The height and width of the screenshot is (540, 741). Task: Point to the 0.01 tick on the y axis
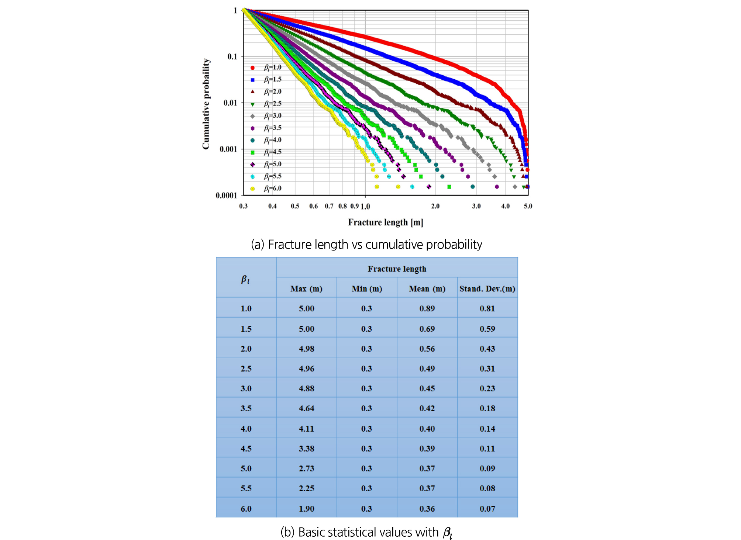tap(230, 103)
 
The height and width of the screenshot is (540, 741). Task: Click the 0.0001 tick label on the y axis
tap(226, 195)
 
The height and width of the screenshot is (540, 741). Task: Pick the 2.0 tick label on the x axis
tap(435, 206)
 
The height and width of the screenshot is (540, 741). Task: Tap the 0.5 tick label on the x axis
tap(295, 206)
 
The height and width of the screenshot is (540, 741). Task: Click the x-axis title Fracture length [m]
tap(386, 222)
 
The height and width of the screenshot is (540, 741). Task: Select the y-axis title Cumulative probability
tap(206, 104)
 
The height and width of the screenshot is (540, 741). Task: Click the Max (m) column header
tap(306, 289)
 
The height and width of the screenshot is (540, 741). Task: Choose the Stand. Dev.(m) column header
tap(487, 289)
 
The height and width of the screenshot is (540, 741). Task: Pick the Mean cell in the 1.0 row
tap(427, 309)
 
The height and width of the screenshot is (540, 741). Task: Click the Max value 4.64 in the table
tap(306, 409)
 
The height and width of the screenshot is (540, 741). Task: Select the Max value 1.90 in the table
tap(306, 509)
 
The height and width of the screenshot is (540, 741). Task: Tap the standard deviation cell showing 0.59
tap(487, 329)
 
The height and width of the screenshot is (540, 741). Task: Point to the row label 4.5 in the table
tap(246, 449)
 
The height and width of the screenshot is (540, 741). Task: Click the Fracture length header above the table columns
tap(397, 269)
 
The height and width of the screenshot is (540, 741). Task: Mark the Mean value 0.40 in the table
tap(427, 429)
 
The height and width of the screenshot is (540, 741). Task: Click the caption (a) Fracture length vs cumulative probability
tap(366, 245)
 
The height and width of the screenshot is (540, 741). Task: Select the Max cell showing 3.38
tap(306, 449)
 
